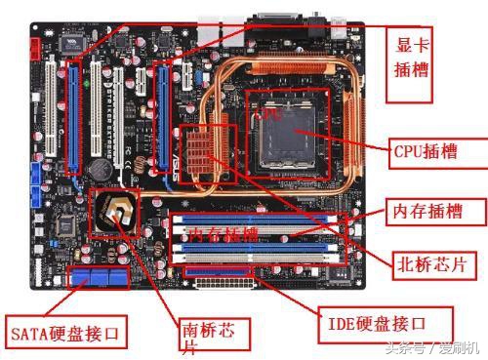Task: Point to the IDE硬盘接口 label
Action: [x=386, y=321]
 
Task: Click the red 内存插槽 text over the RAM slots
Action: [x=224, y=235]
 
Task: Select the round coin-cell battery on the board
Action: [x=98, y=168]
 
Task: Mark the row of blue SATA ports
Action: [x=99, y=278]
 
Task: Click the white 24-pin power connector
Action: [x=224, y=284]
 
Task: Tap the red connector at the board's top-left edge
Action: [x=36, y=45]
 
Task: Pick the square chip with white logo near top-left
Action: [x=70, y=43]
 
